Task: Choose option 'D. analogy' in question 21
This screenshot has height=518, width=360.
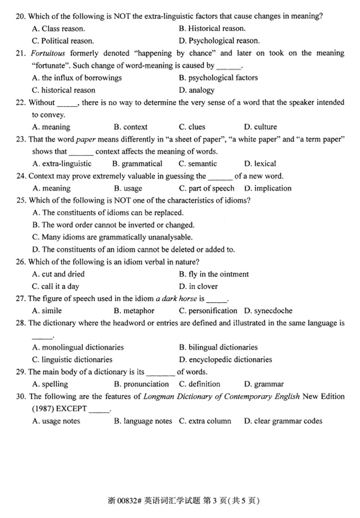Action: (197, 90)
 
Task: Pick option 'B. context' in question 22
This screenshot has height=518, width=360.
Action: (130, 127)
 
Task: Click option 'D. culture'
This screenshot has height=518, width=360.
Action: (260, 127)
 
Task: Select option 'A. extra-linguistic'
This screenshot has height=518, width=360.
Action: (62, 163)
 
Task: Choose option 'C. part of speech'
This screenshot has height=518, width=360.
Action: (206, 188)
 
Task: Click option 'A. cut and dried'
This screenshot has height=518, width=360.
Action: (58, 274)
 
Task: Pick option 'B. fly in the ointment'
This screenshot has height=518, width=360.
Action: (214, 274)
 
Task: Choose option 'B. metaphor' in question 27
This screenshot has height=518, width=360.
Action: (134, 311)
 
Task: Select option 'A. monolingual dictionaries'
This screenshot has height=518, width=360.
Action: (78, 347)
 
